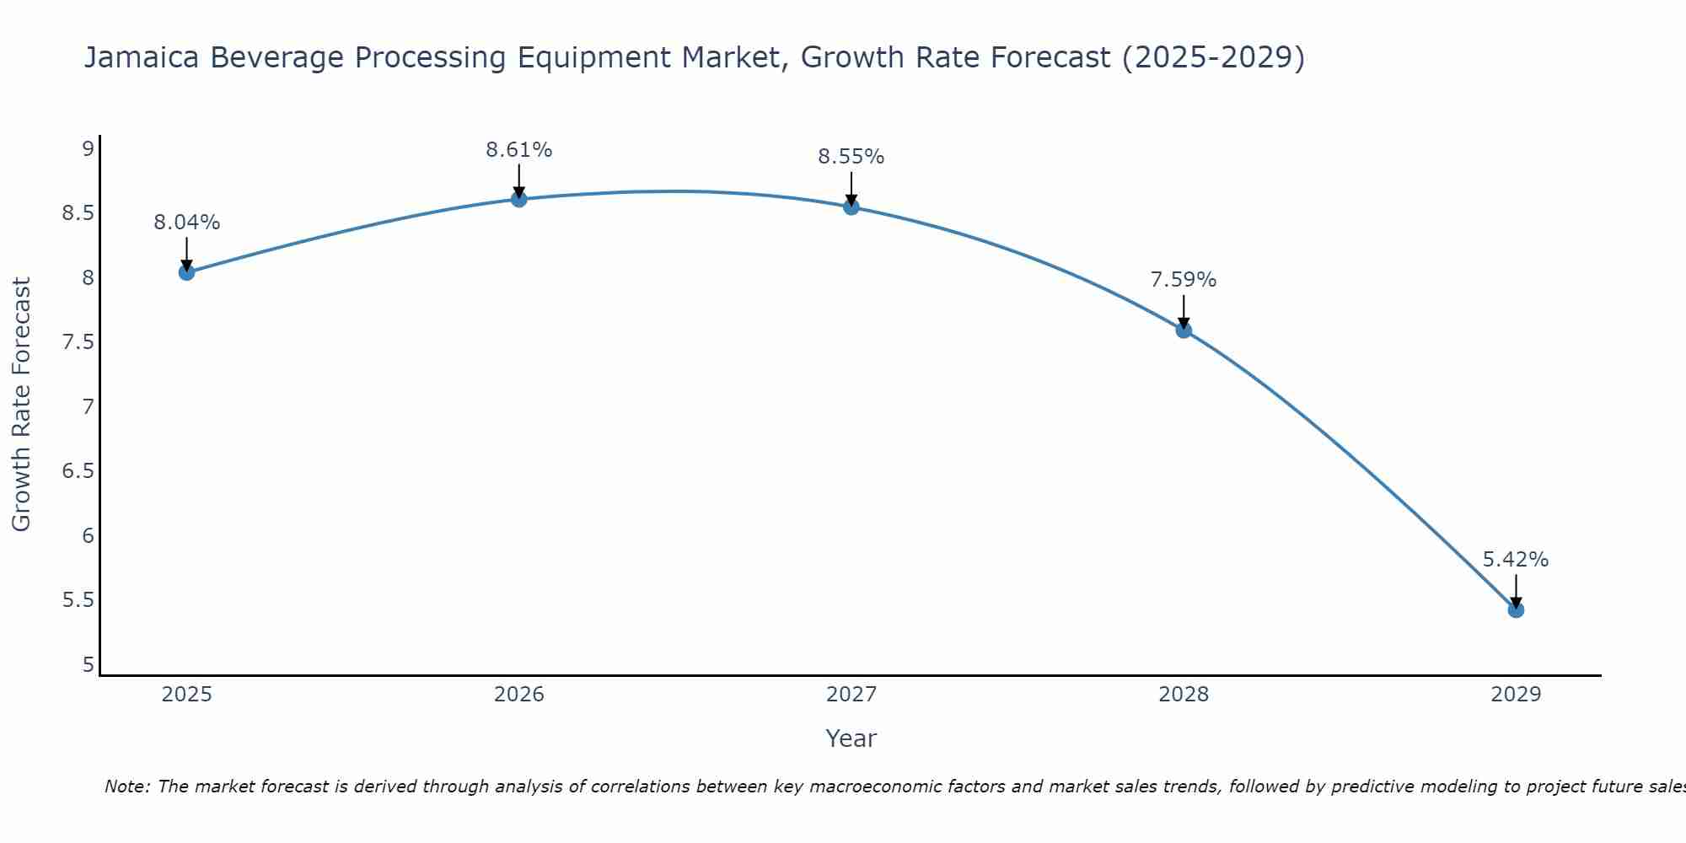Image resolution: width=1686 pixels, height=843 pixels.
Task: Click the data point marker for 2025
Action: (x=186, y=272)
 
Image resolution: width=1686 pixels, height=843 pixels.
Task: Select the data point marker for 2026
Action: (x=518, y=199)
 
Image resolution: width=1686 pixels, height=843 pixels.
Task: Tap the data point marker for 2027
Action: (x=851, y=207)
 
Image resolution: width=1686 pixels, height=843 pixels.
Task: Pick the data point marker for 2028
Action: (x=1184, y=330)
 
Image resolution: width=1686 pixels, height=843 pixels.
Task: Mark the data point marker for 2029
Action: (x=1516, y=609)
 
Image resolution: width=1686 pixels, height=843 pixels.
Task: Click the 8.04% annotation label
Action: (x=186, y=223)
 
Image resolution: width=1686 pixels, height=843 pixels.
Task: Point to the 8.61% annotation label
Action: (x=518, y=150)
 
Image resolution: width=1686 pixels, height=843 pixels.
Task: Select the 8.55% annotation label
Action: (x=851, y=157)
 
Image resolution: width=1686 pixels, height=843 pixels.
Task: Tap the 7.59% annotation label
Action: (x=1184, y=280)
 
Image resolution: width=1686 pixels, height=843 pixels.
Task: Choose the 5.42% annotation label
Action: (x=1516, y=560)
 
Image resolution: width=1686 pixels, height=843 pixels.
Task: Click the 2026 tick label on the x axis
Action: (x=518, y=695)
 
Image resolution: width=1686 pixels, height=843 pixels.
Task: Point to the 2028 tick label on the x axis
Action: (x=1184, y=695)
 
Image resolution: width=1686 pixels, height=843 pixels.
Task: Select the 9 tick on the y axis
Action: (x=87, y=149)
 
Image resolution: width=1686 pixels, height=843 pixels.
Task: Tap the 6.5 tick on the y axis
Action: (x=78, y=471)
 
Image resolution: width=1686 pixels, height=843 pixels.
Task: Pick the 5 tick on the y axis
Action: (x=87, y=665)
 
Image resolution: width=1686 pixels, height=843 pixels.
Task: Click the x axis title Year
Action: (x=851, y=738)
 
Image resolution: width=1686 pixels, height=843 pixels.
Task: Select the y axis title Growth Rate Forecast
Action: (x=21, y=405)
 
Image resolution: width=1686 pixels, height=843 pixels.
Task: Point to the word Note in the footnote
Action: (x=126, y=787)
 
